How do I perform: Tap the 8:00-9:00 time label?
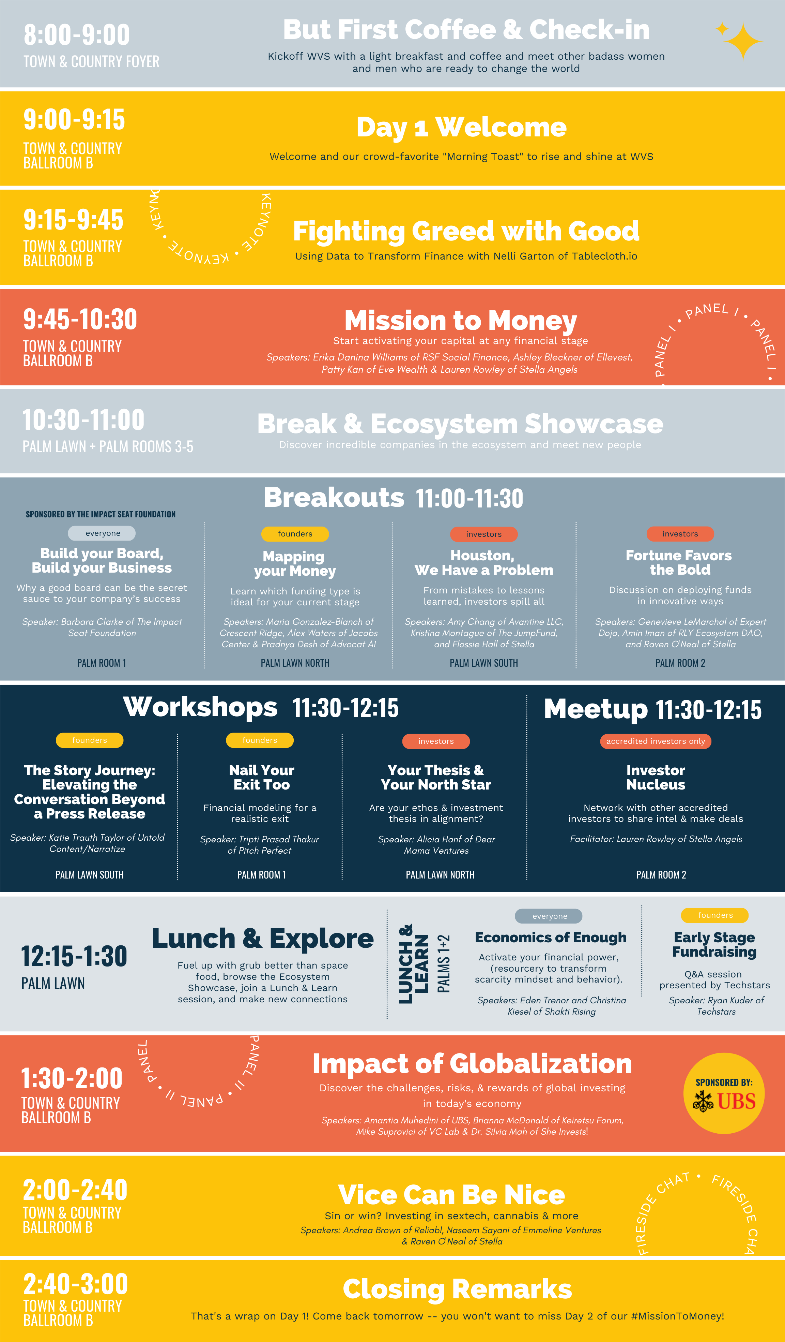coord(77,35)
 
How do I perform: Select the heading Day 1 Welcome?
coord(461,127)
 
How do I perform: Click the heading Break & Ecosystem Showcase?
coord(460,424)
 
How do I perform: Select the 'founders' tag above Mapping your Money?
coord(295,534)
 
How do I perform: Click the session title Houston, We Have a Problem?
coord(484,563)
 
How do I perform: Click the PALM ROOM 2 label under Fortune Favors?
coord(680,663)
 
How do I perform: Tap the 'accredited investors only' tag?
coord(656,741)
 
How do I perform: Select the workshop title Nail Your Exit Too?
coord(261,778)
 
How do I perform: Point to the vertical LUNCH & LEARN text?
coord(414,963)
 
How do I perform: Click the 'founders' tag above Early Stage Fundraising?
coord(715,915)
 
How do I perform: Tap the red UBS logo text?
coord(737,1101)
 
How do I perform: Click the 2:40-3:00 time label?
coord(76,1284)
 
